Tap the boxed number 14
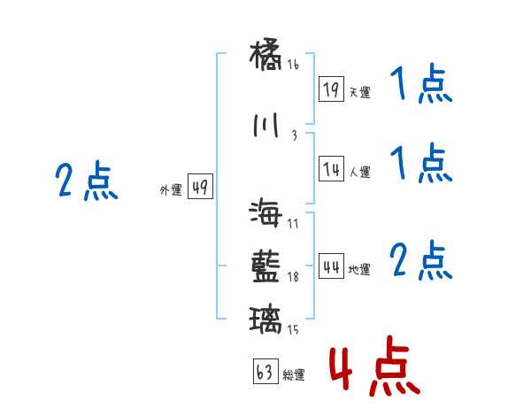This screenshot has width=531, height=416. pos(332,169)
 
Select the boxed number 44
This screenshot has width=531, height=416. pos(332,267)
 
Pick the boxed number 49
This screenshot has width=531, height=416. pos(200,188)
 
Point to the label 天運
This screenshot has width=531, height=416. pos(359,92)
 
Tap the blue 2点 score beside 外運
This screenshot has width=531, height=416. pos(87,183)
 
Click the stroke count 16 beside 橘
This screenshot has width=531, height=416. pos(293,65)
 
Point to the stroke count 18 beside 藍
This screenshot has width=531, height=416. pos(293,277)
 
